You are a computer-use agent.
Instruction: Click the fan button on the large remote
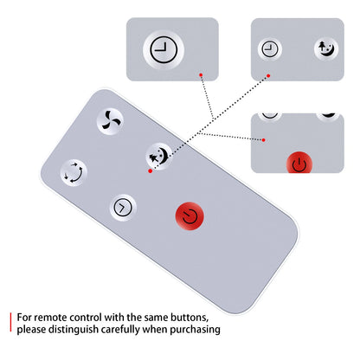coord(110,121)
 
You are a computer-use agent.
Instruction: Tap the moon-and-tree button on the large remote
coord(159,157)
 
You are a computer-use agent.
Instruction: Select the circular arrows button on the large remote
coord(74,173)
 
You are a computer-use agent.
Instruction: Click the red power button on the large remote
coord(190,216)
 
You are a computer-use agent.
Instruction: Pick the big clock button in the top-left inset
coord(164,49)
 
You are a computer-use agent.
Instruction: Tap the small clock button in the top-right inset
coord(270,48)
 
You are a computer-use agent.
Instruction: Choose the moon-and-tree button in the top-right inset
coord(326,48)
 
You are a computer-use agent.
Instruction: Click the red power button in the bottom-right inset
coord(299,163)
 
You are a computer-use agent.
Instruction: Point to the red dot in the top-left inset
coord(201,75)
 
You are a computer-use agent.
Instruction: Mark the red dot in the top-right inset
coord(268,76)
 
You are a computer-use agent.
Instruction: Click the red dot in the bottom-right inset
coord(264,140)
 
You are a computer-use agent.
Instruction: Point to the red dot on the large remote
coord(150,171)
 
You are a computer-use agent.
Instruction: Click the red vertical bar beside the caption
coord(10,322)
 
